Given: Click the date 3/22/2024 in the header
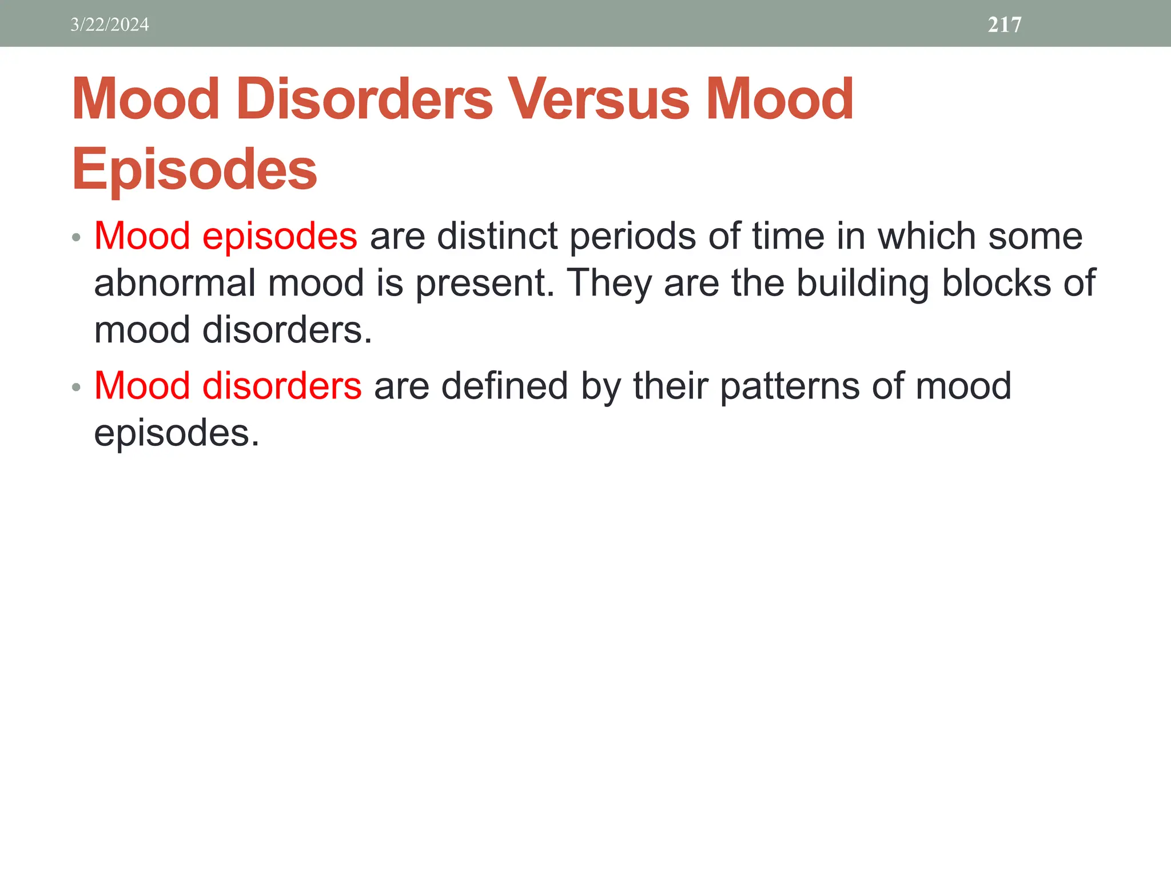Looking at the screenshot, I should (109, 25).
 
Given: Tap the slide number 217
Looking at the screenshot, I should (1005, 25).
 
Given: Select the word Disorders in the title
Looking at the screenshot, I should (364, 99).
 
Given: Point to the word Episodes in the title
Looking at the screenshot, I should (194, 170).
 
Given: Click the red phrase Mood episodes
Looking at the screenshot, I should (225, 236).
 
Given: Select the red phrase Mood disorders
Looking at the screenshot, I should (228, 386).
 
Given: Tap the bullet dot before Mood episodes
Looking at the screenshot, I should (76, 237).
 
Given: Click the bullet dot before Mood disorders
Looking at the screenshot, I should (76, 388).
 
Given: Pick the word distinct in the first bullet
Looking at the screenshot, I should (497, 236).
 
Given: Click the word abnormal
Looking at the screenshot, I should (174, 283).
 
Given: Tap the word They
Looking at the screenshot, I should (609, 284).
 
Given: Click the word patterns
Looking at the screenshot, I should (789, 387).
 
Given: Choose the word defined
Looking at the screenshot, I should (504, 386).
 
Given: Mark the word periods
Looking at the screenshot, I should (632, 237).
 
